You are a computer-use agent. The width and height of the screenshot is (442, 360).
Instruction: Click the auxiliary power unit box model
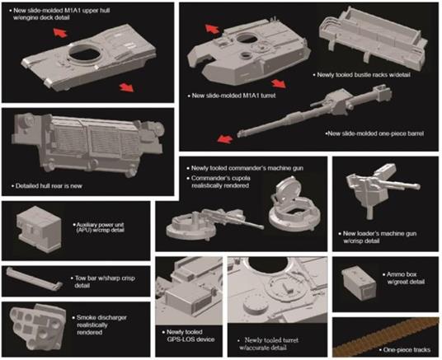(39, 229)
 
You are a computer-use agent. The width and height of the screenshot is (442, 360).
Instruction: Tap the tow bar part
(35, 279)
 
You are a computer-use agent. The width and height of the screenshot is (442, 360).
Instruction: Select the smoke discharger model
(38, 326)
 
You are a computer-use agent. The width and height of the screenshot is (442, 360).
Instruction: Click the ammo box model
(359, 283)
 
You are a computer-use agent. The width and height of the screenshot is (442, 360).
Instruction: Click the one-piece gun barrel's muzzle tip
(239, 134)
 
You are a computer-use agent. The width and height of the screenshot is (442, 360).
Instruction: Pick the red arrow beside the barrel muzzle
(224, 138)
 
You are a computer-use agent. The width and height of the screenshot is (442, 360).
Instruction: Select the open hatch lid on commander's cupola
(287, 190)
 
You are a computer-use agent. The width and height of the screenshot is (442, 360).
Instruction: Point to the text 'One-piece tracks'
(407, 350)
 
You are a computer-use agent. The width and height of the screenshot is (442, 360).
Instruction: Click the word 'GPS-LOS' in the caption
(179, 339)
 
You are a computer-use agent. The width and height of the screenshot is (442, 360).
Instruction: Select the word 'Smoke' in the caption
(87, 317)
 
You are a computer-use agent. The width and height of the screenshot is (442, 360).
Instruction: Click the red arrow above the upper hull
(60, 33)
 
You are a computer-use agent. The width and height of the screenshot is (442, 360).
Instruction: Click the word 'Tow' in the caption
(80, 278)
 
